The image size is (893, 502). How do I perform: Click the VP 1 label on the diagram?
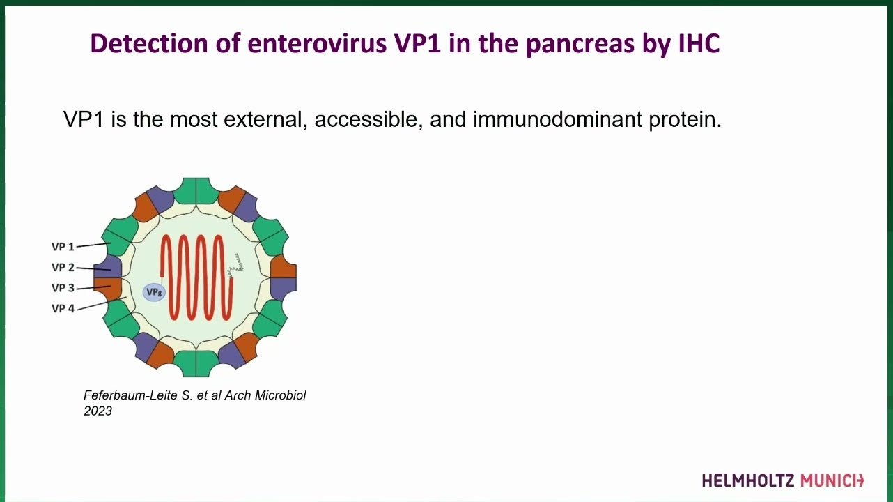click(63, 247)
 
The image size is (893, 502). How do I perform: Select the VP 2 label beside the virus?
click(63, 267)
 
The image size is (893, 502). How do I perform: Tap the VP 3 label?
click(63, 288)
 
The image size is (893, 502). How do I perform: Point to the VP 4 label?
click(63, 308)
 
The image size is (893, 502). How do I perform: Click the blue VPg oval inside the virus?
click(154, 293)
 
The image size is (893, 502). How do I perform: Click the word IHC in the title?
click(699, 43)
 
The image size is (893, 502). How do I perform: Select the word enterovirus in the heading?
click(317, 43)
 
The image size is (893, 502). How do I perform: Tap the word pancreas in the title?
click(580, 44)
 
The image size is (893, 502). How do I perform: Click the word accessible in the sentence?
click(368, 119)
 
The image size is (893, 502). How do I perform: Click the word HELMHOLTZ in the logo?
click(748, 480)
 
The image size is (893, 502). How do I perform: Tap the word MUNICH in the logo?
click(832, 480)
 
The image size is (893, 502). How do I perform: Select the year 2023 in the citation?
click(98, 411)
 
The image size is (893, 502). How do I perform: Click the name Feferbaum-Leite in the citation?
click(131, 395)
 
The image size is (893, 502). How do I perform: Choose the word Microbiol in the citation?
click(280, 395)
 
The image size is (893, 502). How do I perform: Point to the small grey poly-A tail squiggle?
click(235, 264)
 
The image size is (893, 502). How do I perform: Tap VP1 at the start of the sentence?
click(84, 119)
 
